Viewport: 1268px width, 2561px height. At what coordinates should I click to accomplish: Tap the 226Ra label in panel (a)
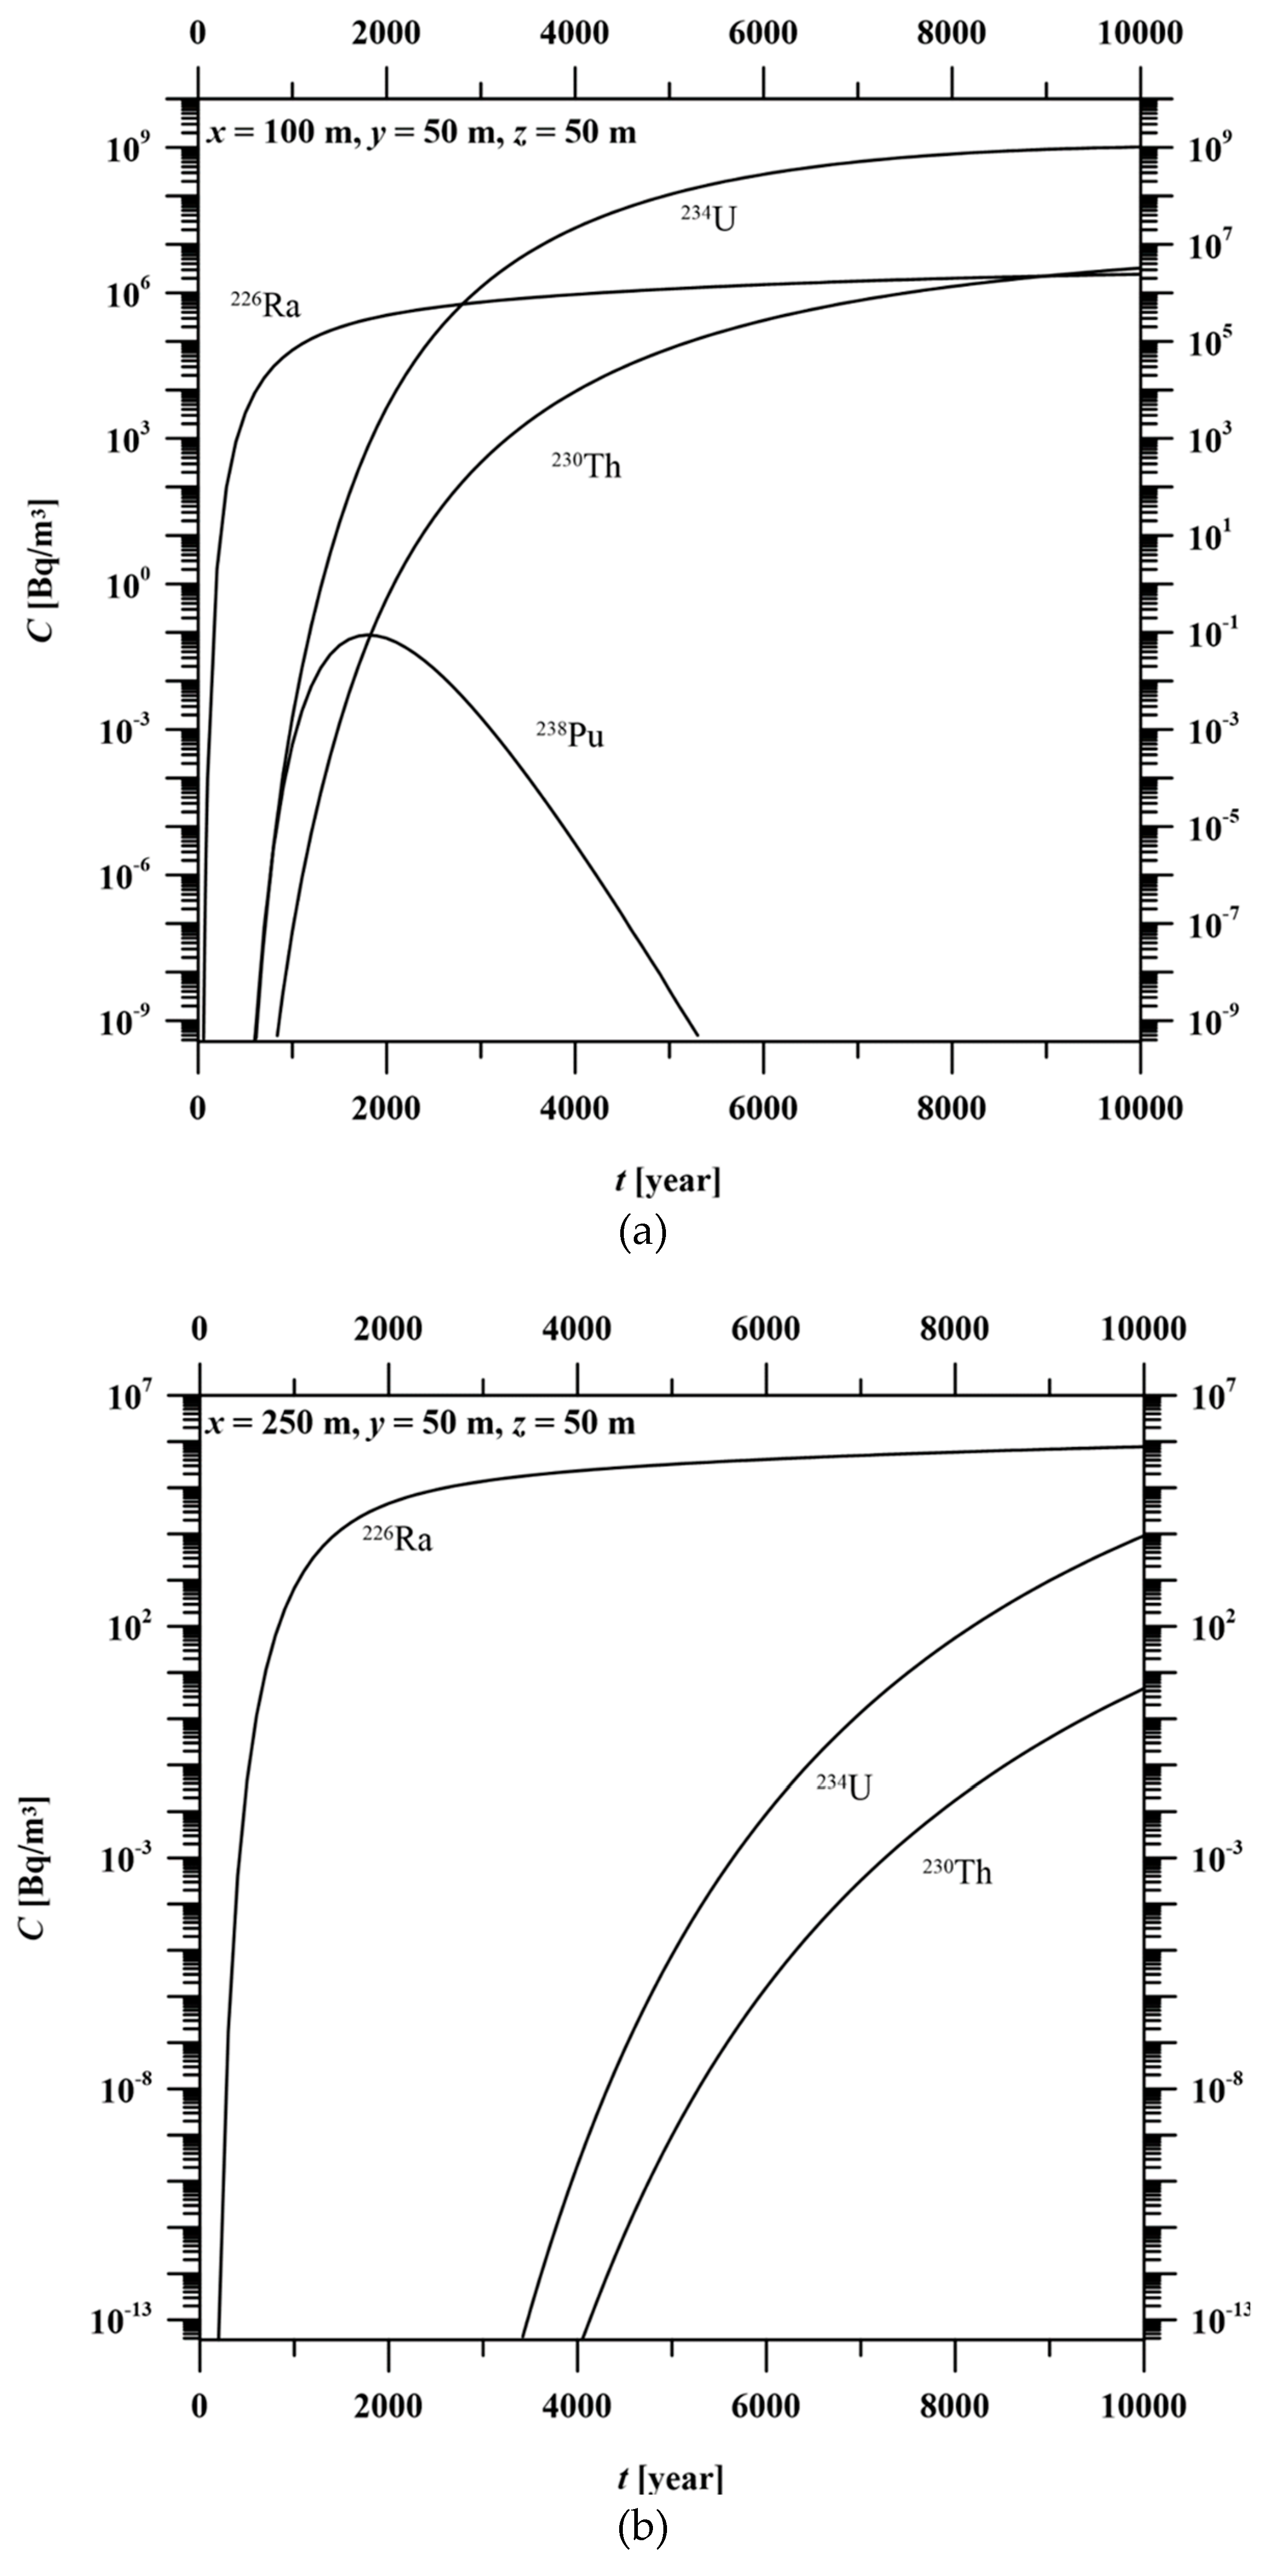pos(266,304)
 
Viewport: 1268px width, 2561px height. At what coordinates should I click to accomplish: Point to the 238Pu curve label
pos(570,736)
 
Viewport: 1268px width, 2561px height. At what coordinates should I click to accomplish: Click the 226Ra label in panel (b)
pos(397,1540)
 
